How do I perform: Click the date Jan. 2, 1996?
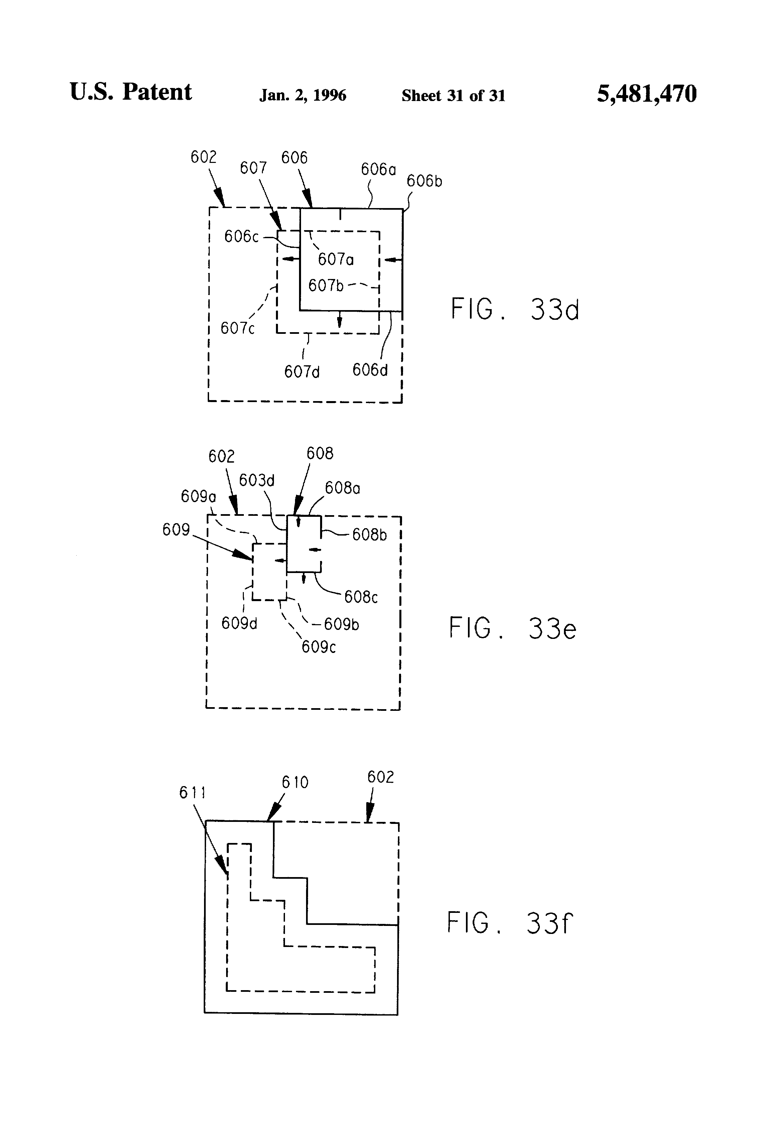[303, 95]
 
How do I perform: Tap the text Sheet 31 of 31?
[453, 96]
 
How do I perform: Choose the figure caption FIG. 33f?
[510, 923]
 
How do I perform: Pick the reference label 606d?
[370, 370]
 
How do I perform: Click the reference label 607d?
[302, 372]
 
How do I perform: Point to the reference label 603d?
[257, 480]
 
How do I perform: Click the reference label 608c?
[361, 597]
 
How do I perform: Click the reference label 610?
[295, 782]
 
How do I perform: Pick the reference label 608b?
[369, 535]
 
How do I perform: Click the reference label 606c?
[241, 237]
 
